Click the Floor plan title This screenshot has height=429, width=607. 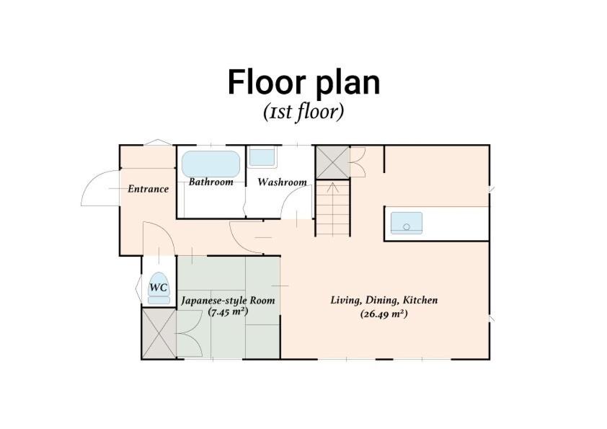pos(304,83)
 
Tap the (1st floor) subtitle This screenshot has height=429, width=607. pos(303,112)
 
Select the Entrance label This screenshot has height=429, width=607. pos(149,189)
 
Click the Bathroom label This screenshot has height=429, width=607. pos(211,182)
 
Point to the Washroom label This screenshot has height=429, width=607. pos(282,182)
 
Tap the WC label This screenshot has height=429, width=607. pos(159,287)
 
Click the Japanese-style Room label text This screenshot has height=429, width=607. pos(228,301)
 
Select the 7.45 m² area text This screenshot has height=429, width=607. pos(228,311)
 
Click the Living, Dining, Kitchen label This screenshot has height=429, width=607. pos(384,300)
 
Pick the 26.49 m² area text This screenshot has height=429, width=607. pos(384,314)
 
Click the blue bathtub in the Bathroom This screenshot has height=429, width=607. pos(211,164)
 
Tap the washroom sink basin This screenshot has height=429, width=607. pos(262,156)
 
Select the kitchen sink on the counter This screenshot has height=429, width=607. pos(407,223)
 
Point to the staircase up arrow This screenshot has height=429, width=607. pos(333,187)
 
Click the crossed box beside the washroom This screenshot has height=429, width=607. pos(333,162)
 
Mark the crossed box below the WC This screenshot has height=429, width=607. pos(159,333)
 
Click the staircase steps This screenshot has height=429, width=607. pos(333,208)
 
